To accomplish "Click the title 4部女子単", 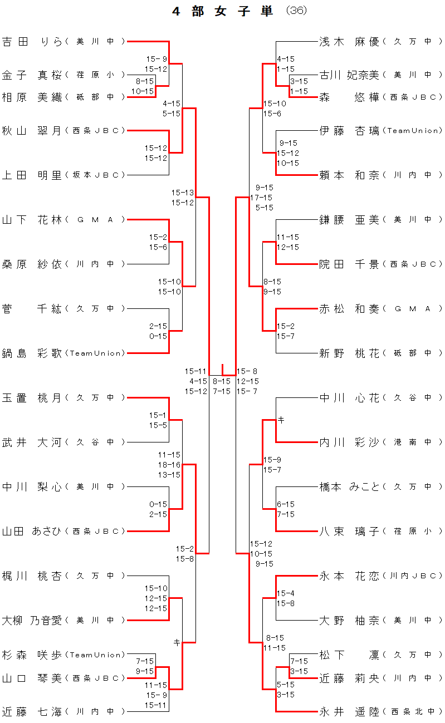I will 223,11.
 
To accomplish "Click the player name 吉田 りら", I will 32,41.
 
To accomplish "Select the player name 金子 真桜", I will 32,75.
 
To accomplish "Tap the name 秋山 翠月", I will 32,130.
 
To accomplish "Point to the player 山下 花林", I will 32,219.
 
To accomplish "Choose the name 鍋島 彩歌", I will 32,353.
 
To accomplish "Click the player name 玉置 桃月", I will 32,397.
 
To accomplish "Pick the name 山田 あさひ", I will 32,531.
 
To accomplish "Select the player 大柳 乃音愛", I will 32,620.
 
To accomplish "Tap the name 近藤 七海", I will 32,711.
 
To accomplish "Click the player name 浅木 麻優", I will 349,41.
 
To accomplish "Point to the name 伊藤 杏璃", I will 349,130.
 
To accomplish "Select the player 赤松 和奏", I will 349,308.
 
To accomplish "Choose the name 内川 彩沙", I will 349,442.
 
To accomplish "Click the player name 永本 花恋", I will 349,576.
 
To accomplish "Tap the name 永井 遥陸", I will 349,711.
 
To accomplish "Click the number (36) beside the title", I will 296,11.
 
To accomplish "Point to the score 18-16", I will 169,465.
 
